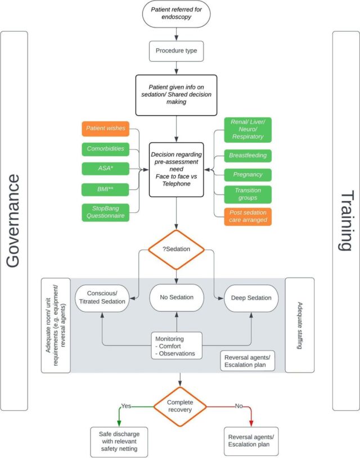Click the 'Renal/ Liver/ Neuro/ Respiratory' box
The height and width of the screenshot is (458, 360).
(247, 129)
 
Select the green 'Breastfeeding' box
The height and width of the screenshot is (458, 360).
(247, 155)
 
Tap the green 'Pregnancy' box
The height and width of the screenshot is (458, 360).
(247, 175)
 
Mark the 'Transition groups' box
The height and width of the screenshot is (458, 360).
(247, 194)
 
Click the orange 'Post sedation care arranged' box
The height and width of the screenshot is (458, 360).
(247, 216)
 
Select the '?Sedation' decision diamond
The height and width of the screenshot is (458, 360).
(177, 250)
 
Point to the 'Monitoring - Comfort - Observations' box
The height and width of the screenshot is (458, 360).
(177, 346)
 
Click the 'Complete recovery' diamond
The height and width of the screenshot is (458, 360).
(180, 405)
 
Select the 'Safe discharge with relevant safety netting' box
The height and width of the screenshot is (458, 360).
(119, 441)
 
